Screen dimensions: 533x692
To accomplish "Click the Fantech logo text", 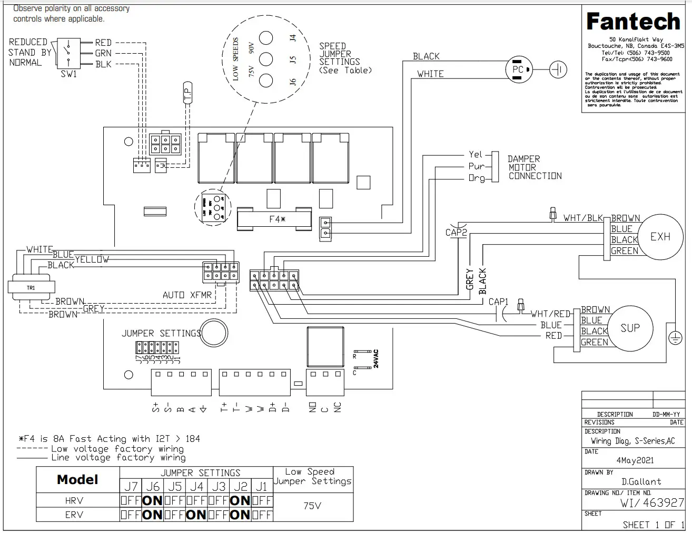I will tap(633, 22).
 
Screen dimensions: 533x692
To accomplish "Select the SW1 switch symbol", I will tap(68, 53).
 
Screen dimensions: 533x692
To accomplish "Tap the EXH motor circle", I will tap(660, 237).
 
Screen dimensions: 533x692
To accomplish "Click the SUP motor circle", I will tap(630, 328).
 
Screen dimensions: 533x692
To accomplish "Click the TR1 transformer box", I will tap(31, 288).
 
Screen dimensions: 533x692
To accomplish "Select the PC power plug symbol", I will tap(519, 69).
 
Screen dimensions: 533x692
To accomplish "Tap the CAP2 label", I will tap(456, 232).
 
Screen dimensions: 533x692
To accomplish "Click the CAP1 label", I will tap(498, 302).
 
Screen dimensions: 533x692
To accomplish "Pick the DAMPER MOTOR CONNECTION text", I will tap(534, 167).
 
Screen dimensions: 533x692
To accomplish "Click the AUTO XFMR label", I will tap(187, 295).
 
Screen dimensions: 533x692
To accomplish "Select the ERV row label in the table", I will tap(74, 515).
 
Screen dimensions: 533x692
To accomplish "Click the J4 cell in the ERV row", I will tap(196, 515).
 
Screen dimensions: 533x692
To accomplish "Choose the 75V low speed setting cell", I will tap(312, 506).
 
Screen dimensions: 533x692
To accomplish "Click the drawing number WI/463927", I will tap(651, 502).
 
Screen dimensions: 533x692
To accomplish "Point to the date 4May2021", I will tap(635, 460).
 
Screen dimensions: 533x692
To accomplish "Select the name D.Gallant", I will tap(641, 481).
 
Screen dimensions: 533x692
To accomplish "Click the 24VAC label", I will tap(376, 358).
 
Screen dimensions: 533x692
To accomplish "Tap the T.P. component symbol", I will tap(187, 93).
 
